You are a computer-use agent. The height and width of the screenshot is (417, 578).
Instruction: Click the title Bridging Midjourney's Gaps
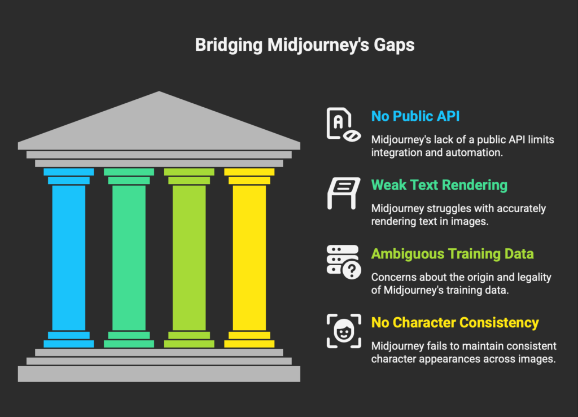coord(305,45)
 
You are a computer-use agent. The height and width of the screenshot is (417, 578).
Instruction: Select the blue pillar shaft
coord(69,257)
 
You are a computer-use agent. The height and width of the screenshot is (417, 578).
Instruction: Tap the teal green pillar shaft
coord(129,257)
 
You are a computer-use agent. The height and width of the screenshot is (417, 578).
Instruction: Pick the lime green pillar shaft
coord(189,257)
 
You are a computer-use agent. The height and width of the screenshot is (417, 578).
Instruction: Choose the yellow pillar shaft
coord(249,257)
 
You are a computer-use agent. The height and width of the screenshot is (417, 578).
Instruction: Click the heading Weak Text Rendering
coord(439,185)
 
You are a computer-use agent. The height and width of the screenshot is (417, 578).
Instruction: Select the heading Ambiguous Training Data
coord(452,254)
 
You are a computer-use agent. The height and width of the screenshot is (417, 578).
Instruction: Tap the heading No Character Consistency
coord(455,323)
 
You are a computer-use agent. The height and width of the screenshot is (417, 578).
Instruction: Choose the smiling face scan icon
coord(342,331)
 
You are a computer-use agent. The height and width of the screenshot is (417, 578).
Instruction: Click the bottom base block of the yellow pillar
coord(249,344)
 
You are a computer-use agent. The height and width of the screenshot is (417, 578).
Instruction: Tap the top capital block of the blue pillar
coord(69,172)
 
